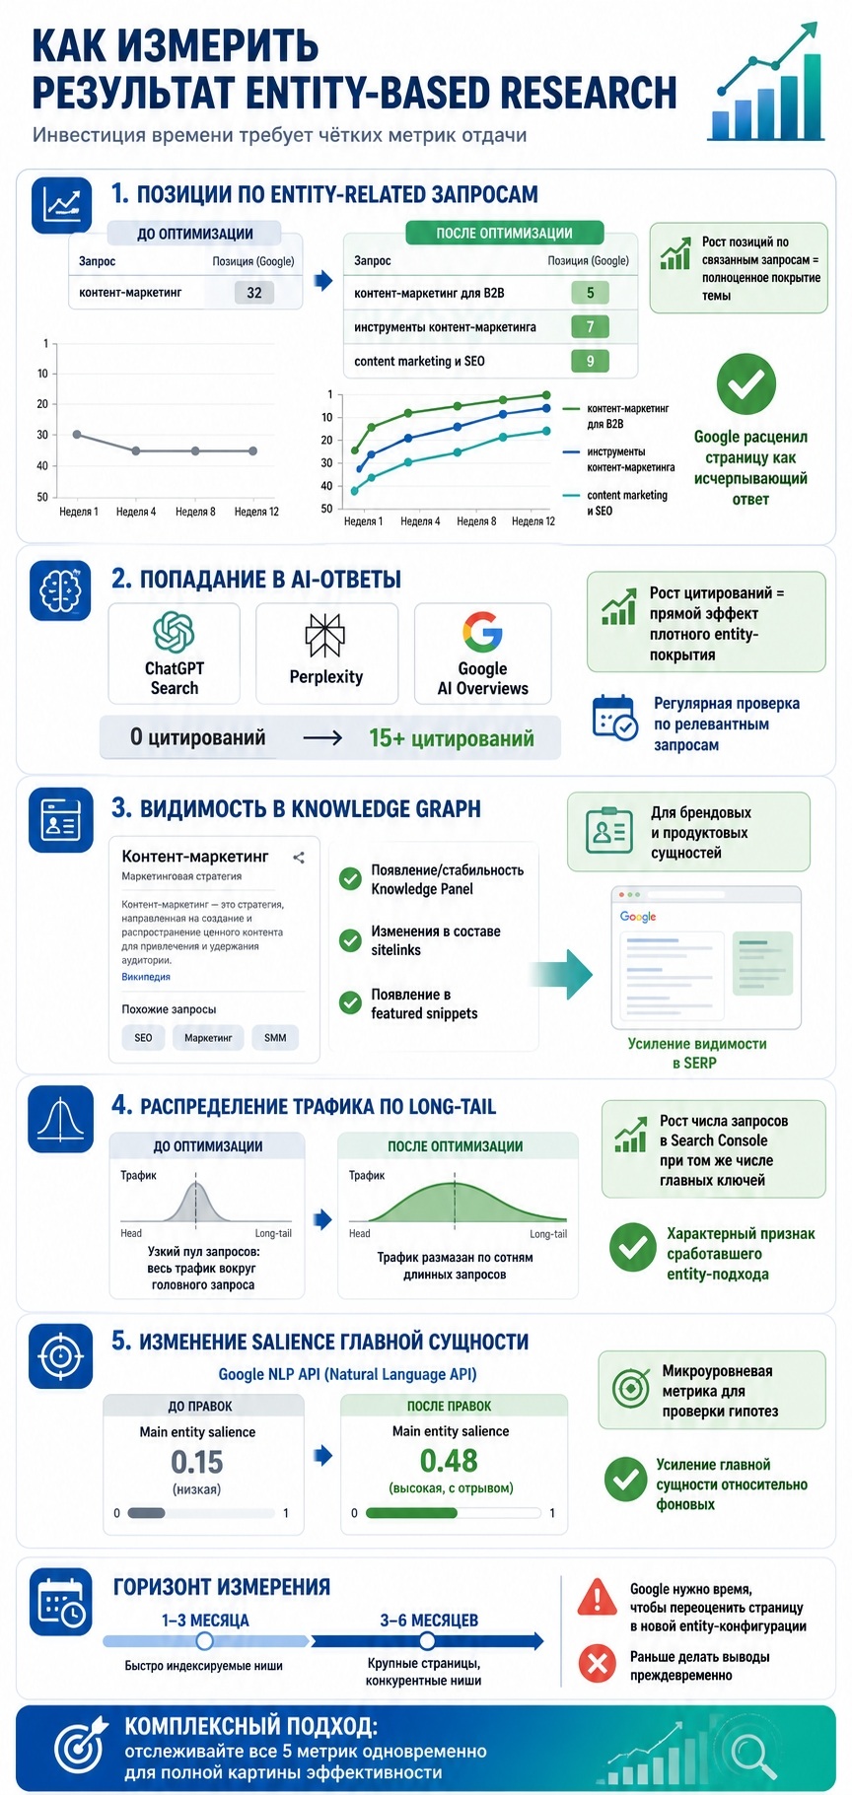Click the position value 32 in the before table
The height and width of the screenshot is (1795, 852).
tap(254, 293)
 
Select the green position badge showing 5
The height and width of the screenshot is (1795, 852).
tap(590, 293)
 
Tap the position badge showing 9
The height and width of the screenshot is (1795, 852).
tap(590, 361)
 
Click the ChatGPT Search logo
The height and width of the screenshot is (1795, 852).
tap(174, 632)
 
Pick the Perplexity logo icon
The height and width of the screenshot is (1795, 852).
tap(324, 635)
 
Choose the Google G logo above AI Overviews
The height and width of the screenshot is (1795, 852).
tap(482, 632)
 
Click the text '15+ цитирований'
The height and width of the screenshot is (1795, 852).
tap(452, 738)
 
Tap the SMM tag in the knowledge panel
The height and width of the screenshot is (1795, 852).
tap(275, 1038)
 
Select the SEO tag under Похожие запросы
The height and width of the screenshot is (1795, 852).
tap(143, 1038)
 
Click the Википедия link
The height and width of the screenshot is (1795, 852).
tap(146, 977)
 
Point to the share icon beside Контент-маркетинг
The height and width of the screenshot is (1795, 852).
tap(299, 858)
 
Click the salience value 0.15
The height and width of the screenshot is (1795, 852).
tap(197, 1462)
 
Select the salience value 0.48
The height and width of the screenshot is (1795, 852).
tap(449, 1461)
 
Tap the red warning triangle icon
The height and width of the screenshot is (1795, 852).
tap(598, 1597)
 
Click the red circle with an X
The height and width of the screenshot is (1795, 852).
tap(597, 1664)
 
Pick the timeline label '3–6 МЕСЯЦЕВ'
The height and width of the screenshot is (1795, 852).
tap(429, 1621)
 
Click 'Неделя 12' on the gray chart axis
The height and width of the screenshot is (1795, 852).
tap(256, 512)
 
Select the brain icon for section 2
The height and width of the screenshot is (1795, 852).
tap(60, 590)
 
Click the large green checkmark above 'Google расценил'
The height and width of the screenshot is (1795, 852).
tap(745, 383)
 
